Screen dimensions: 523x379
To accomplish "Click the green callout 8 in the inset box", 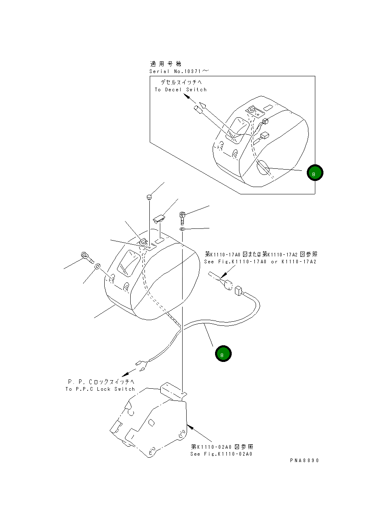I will click(x=315, y=173).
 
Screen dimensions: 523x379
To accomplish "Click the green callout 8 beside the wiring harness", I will click(x=223, y=354).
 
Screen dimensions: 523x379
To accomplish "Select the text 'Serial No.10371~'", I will click(x=179, y=71).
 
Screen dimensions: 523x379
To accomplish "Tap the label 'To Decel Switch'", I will click(x=181, y=90).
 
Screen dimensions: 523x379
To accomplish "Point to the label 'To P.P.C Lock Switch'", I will click(x=100, y=389).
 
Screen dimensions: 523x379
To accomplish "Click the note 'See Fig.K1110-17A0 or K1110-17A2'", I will click(x=261, y=262).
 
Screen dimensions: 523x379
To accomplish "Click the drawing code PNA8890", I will click(x=304, y=461).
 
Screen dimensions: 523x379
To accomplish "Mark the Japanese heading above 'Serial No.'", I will click(x=166, y=64).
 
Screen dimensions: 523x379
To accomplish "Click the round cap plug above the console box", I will click(x=149, y=197).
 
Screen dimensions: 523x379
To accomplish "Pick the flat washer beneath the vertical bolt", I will click(x=183, y=230).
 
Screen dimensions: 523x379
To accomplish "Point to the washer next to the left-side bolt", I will click(x=97, y=267).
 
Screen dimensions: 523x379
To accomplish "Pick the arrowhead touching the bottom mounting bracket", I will click(x=189, y=426).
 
